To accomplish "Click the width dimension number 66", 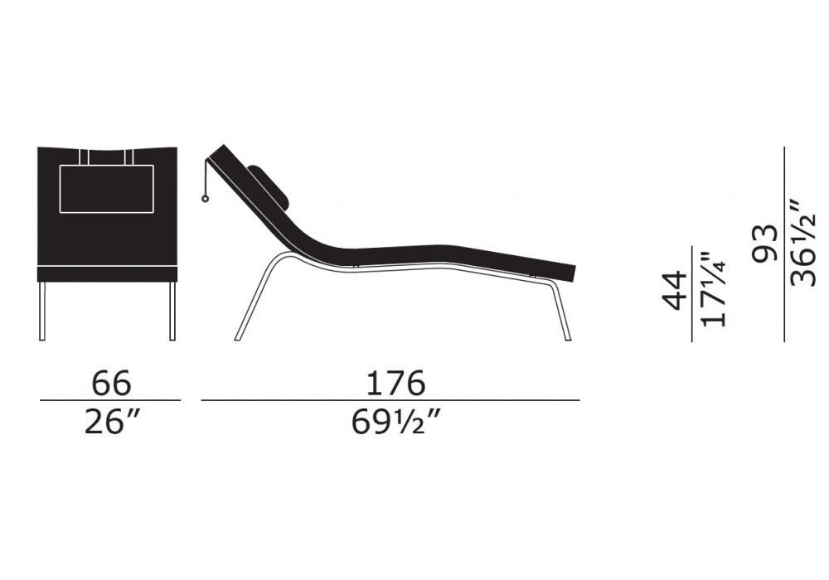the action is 111,383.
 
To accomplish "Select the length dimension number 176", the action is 395,383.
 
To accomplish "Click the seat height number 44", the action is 675,291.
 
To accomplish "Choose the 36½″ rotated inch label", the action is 803,243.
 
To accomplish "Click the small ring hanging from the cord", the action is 204,199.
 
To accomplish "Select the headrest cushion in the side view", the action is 269,186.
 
